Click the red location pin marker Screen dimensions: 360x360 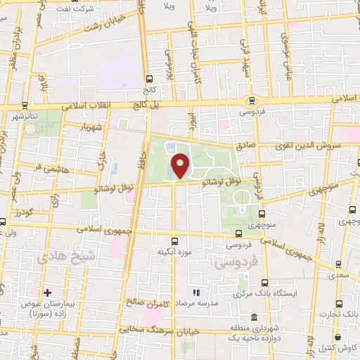[x=180, y=166]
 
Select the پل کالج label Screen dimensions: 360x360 [x=148, y=104]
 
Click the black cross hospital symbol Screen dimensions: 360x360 [x=47, y=292]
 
